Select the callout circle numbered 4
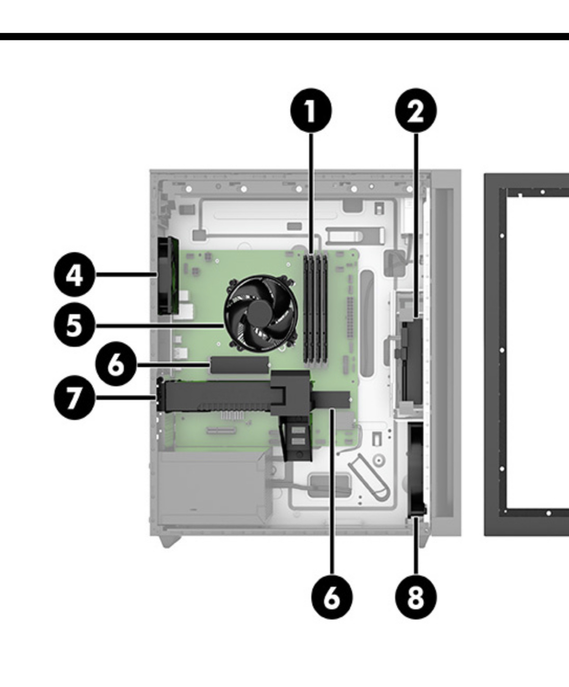pyautogui.click(x=74, y=275)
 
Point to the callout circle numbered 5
pyautogui.click(x=74, y=325)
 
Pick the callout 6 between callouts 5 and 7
pyautogui.click(x=116, y=364)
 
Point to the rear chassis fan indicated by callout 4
pyautogui.click(x=168, y=275)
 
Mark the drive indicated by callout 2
pyautogui.click(x=411, y=360)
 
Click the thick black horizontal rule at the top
pyautogui.click(x=284, y=36)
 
